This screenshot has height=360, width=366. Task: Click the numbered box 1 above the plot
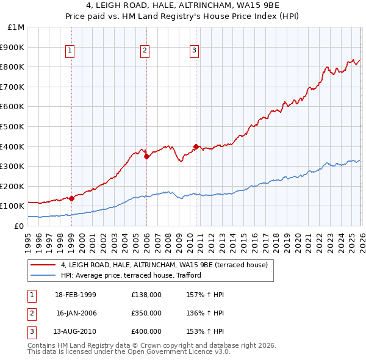point(71,51)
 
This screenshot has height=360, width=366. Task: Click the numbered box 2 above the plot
point(145,51)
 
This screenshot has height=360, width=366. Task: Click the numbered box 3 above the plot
point(194,51)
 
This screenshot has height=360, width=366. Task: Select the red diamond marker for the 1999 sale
point(71,198)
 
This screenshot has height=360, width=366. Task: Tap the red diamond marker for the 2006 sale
point(146,156)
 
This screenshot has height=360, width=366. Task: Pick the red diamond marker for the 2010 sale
point(196,146)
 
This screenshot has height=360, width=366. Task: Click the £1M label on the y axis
point(16,27)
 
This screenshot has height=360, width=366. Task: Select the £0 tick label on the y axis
point(18,226)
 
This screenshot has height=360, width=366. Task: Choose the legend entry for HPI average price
point(131,275)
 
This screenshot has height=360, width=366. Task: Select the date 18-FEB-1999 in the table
point(76,295)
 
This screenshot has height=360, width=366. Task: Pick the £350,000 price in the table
point(146,313)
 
